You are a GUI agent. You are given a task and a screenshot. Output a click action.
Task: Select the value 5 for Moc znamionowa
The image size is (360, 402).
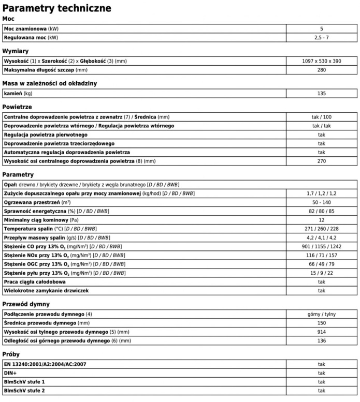pos(321,28)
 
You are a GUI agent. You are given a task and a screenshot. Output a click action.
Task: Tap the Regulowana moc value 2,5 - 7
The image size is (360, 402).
pos(321,37)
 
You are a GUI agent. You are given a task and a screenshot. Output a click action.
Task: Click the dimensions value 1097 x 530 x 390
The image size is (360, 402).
pos(321,61)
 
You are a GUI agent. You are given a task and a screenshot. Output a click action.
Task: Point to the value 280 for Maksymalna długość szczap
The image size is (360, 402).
pos(321,70)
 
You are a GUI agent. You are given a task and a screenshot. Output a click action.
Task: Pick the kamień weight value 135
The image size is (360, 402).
pos(321,94)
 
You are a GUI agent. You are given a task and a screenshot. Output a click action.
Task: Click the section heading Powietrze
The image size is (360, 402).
pos(18,107)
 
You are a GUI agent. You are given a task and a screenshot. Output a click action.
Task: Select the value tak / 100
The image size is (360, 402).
pos(321,117)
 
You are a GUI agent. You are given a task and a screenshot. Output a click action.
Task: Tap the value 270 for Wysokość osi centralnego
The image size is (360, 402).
pos(321,161)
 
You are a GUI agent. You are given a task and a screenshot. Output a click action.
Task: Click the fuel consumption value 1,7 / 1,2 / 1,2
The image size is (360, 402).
pos(321,193)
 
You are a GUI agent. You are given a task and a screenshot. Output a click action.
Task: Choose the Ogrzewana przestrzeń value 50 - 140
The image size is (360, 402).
pos(321,202)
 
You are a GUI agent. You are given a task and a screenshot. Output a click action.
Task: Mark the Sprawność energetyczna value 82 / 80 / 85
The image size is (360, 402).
pos(321,211)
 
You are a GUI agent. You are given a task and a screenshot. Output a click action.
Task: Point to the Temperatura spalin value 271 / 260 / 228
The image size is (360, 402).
pos(321,229)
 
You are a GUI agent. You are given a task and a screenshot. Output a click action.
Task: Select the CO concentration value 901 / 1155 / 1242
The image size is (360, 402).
pos(321,246)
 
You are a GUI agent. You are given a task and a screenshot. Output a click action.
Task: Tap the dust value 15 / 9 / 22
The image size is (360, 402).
pos(321,273)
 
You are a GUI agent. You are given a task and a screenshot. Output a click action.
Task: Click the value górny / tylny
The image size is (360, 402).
pos(321,314)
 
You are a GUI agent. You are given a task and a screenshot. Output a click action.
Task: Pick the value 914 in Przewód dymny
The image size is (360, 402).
pos(321,332)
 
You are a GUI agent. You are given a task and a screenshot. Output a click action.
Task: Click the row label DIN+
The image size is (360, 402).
pos(10,373)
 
